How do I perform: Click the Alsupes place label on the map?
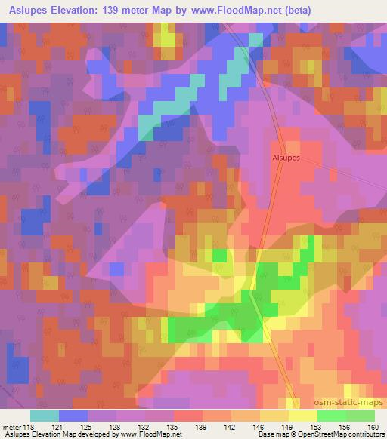click(286, 158)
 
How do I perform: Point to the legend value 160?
click(374, 427)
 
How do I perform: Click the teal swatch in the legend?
click(45, 416)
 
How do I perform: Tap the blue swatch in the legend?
click(73, 416)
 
